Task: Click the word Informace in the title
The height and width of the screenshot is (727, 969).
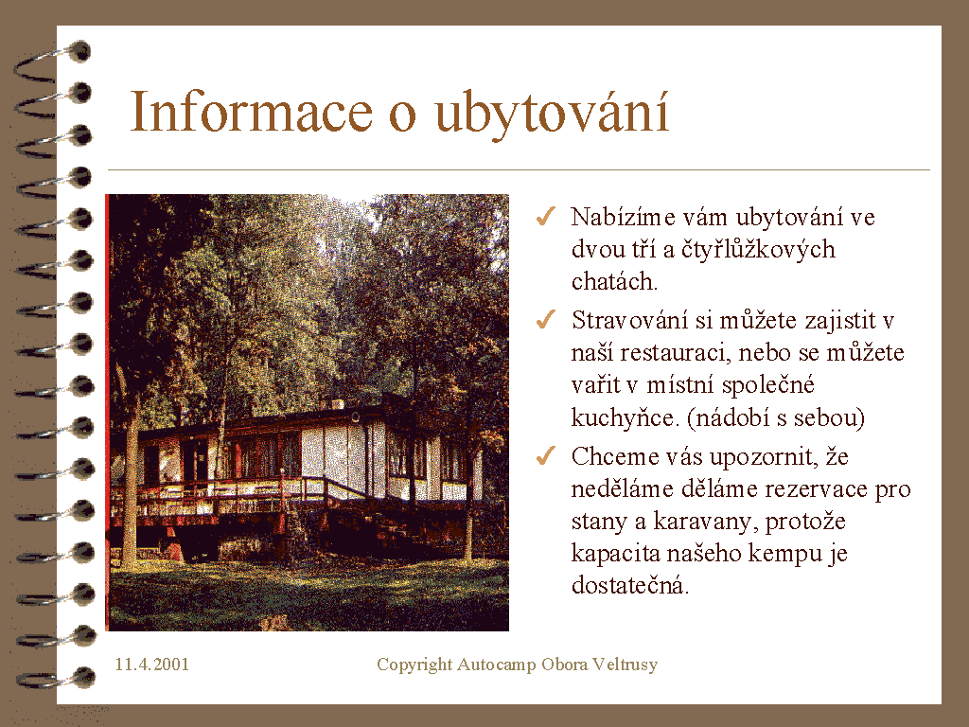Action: [251, 112]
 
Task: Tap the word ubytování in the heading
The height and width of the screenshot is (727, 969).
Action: [552, 115]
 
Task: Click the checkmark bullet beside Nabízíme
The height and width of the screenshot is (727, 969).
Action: [546, 217]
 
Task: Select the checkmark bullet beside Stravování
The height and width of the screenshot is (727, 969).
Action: [546, 320]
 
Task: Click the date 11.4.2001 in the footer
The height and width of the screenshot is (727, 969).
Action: [152, 665]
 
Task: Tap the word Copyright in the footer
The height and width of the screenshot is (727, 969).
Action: [414, 665]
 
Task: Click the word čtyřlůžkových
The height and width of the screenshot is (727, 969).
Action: [758, 250]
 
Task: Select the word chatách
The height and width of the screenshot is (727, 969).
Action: [614, 281]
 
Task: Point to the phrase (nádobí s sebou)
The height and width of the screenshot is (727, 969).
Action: [776, 417]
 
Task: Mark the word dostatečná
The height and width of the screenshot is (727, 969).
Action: [629, 585]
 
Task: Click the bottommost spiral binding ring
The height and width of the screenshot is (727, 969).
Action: [56, 679]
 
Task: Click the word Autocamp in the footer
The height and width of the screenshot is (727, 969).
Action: [496, 665]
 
